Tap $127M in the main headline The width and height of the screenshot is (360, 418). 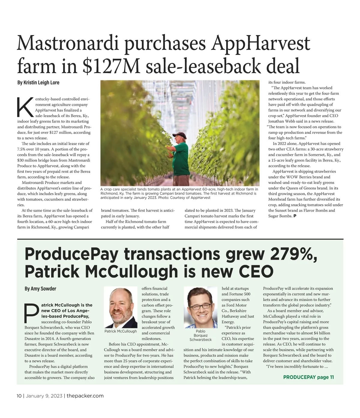[112, 66]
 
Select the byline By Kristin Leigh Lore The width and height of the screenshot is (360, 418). [38, 82]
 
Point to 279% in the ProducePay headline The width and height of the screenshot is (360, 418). [293, 254]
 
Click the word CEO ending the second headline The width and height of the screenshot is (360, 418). [256, 272]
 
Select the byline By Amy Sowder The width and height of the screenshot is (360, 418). [40, 289]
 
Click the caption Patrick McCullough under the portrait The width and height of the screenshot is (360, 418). [121, 331]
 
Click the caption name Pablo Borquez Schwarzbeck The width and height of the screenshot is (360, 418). [200, 335]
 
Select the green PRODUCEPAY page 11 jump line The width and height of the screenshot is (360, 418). [308, 377]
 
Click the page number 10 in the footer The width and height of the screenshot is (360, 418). [19, 396]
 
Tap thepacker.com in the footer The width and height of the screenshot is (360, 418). [85, 396]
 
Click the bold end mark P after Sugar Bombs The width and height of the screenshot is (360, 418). [295, 216]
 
